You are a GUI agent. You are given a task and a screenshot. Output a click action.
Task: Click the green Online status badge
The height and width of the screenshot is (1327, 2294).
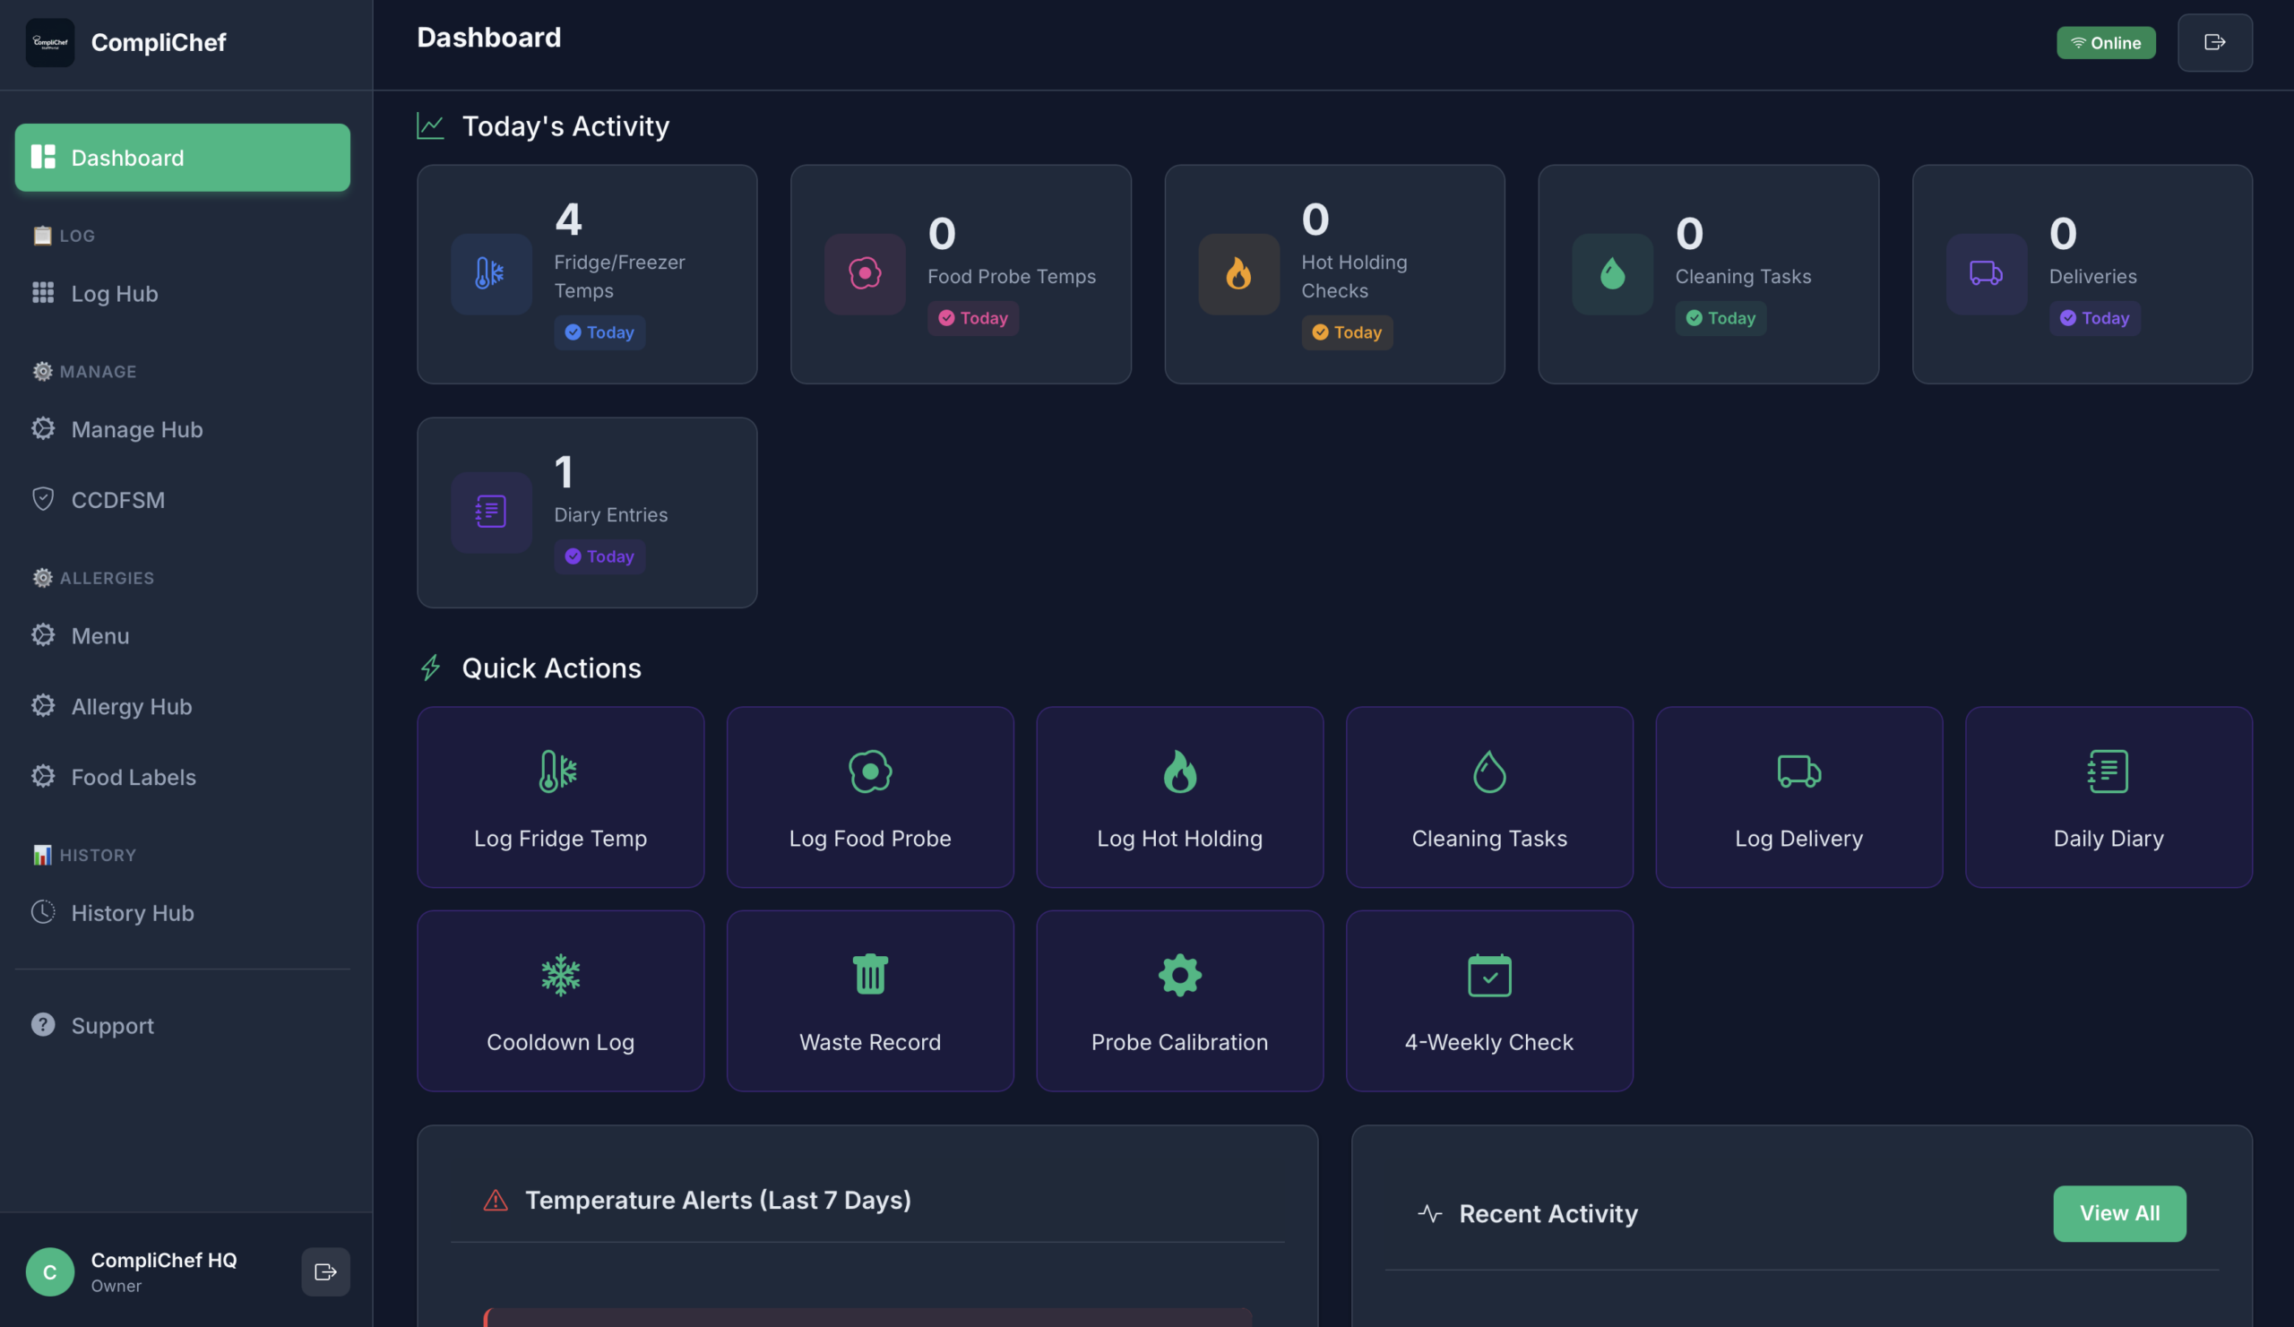click(2105, 43)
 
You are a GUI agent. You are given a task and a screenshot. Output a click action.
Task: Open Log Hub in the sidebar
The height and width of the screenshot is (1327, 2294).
click(114, 293)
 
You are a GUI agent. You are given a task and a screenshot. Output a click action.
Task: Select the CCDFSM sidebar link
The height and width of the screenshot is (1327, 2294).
click(117, 500)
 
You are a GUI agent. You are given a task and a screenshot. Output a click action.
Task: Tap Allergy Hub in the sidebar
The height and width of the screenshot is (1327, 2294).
click(131, 706)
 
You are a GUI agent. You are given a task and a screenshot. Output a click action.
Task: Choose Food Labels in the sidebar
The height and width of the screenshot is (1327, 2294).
click(133, 776)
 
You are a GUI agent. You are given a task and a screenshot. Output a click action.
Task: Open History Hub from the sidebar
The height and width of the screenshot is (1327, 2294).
click(132, 913)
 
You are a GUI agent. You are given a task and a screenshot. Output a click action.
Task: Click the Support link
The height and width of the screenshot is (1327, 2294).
click(112, 1026)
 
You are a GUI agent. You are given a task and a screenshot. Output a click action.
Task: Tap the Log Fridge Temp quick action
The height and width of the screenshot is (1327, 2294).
click(560, 797)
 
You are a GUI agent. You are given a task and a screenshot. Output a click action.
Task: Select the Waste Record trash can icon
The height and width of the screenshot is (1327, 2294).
click(869, 975)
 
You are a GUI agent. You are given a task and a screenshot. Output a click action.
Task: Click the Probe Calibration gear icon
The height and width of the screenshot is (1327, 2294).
click(1179, 975)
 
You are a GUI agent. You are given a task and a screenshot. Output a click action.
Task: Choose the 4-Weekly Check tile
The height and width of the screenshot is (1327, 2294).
click(1488, 1000)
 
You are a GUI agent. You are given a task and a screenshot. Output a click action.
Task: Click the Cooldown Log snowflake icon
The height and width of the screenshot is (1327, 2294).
click(560, 975)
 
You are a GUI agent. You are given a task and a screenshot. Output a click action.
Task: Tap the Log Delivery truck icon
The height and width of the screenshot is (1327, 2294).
click(1798, 771)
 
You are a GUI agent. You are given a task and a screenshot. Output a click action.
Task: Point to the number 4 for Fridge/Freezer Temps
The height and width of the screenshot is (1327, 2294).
click(568, 220)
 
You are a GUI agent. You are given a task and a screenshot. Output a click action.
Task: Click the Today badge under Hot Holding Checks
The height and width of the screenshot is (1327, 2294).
click(1346, 332)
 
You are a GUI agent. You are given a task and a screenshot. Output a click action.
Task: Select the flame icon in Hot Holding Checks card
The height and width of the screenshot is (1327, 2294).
click(1238, 274)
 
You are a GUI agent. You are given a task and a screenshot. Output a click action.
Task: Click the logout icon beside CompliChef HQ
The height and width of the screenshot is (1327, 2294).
click(325, 1271)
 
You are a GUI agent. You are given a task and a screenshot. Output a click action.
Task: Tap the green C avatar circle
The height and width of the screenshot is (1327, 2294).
click(50, 1271)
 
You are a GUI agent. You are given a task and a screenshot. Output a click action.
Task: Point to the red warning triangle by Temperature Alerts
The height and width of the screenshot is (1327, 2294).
click(496, 1201)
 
